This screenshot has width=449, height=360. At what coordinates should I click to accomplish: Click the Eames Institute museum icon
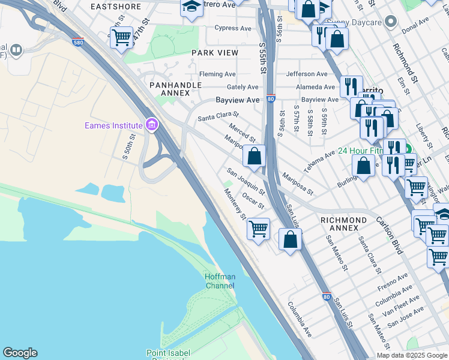coord(152,125)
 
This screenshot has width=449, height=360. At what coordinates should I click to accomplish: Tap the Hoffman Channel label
coord(220,281)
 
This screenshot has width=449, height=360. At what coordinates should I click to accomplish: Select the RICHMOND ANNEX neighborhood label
coord(343,224)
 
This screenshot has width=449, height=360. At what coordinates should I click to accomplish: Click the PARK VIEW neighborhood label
coord(215,53)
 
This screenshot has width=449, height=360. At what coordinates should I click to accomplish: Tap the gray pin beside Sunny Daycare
coord(391,23)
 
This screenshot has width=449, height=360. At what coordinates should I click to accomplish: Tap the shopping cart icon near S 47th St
coord(122,37)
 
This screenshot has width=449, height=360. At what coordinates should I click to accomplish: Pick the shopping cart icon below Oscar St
coord(258,229)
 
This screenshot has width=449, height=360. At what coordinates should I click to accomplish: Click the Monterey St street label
coord(235,205)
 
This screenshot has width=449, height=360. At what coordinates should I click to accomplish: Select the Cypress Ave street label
coord(234,28)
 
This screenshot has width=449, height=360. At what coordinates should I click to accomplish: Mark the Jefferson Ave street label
coord(307,74)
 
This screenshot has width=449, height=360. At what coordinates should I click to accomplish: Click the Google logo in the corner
coord(20,353)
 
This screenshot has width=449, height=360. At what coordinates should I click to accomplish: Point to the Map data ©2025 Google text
coord(412,355)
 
